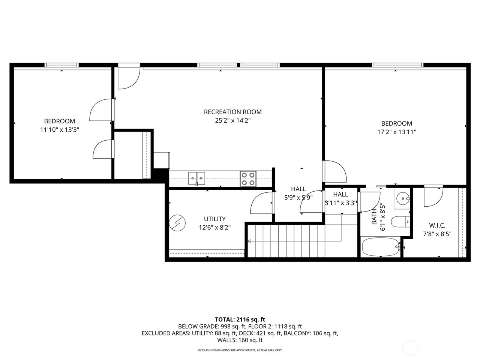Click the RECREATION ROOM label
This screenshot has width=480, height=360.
[232, 112]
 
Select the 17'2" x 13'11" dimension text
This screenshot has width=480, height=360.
[396, 132]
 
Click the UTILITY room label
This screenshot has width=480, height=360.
[214, 219]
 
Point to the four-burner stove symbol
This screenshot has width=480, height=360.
[248, 178]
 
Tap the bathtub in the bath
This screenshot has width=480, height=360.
[381, 247]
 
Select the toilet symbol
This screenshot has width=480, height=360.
[400, 222]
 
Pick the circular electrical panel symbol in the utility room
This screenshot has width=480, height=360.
[177, 223]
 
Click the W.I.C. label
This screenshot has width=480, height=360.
[437, 225]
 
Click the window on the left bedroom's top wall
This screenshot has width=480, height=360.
[61, 65]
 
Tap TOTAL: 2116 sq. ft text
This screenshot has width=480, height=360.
[240, 319]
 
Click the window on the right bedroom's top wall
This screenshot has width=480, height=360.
[397, 65]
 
